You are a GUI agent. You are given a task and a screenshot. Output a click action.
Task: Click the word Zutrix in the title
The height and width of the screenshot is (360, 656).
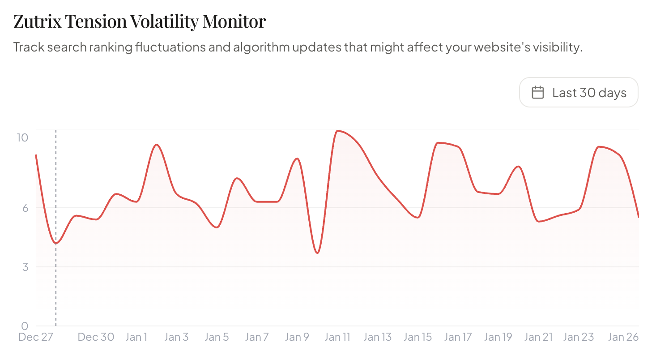click(37, 21)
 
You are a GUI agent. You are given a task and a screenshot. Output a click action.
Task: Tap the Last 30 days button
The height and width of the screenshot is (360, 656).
click(579, 93)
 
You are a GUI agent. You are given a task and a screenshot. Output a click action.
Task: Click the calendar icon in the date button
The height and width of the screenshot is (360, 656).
click(537, 93)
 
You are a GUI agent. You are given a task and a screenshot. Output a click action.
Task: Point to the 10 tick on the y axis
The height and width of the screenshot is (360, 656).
click(22, 137)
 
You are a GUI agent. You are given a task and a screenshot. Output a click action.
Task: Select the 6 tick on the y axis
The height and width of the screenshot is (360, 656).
click(25, 208)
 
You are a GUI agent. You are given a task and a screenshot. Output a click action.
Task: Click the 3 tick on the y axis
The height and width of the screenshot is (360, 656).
click(25, 267)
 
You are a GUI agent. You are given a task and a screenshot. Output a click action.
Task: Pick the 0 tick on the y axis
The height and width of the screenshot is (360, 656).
click(25, 326)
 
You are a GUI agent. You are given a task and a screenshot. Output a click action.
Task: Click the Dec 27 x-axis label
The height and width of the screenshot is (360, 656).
click(36, 337)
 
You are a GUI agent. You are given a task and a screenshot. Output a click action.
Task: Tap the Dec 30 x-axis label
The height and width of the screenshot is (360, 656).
click(96, 337)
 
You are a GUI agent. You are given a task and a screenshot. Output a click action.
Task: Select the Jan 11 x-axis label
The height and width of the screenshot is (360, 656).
click(337, 337)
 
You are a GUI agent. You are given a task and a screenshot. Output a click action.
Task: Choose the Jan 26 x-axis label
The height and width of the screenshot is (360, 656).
click(623, 337)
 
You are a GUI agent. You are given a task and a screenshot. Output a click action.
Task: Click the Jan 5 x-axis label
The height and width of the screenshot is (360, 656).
click(217, 337)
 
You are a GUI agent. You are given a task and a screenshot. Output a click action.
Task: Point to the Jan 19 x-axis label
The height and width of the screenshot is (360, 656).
click(498, 337)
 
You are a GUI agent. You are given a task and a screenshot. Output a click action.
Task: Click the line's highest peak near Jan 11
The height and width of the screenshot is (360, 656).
click(338, 131)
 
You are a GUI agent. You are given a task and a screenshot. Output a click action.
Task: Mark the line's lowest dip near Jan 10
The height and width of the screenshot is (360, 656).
click(317, 253)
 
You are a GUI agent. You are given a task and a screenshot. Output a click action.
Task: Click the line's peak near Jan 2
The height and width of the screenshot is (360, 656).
click(156, 145)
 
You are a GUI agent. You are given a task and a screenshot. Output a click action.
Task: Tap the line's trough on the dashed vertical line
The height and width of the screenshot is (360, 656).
click(56, 243)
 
